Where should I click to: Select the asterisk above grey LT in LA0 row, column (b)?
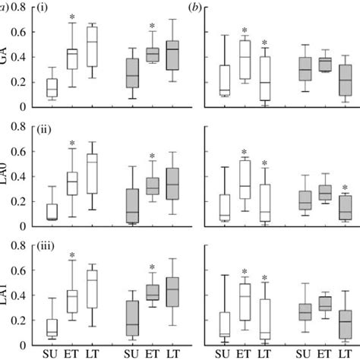[x=345, y=188]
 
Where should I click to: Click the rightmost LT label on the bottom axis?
[x=345, y=352]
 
